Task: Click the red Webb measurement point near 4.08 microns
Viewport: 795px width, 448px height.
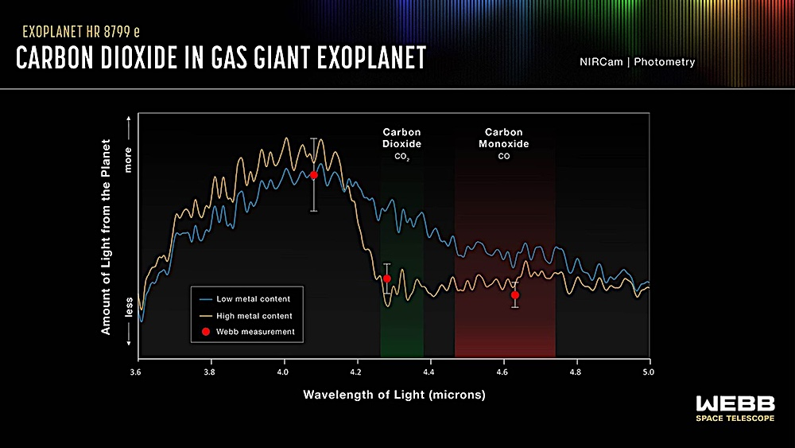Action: [x=314, y=175]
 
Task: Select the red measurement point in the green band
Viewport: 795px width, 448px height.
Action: [x=387, y=279]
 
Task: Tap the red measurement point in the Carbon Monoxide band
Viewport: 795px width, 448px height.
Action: [x=515, y=295]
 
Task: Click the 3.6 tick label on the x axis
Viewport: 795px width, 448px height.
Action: [x=138, y=372]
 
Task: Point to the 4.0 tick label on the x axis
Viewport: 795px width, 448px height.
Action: [x=284, y=372]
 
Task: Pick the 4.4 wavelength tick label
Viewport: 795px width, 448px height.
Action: [x=429, y=372]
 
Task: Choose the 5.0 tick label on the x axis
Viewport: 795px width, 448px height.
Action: [x=649, y=372]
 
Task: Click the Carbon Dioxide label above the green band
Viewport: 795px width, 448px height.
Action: [x=401, y=138]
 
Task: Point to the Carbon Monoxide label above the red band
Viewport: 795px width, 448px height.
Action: [x=503, y=138]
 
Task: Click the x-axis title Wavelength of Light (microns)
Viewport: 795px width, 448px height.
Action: [x=394, y=395]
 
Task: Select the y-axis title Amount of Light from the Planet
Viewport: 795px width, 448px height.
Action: [x=106, y=237]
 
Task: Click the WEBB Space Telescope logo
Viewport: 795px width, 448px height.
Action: [x=735, y=408]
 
